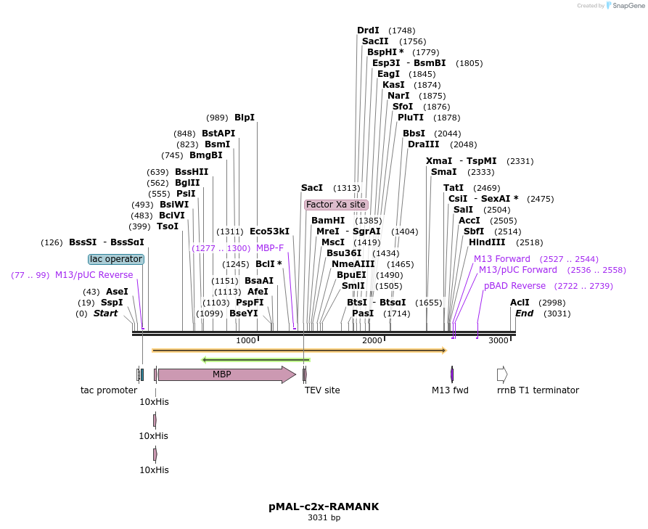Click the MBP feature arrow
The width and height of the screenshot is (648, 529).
pyautogui.click(x=227, y=374)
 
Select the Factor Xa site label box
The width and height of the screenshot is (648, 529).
pyautogui.click(x=336, y=205)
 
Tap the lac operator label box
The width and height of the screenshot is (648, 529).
pyautogui.click(x=116, y=259)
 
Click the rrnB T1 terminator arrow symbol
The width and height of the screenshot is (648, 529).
pyautogui.click(x=502, y=374)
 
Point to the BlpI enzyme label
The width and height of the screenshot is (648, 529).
pyautogui.click(x=245, y=118)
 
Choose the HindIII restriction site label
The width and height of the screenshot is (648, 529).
pyautogui.click(x=487, y=242)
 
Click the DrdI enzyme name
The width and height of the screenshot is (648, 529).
pyautogui.click(x=368, y=30)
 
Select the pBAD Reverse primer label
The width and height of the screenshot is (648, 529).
pyautogui.click(x=514, y=286)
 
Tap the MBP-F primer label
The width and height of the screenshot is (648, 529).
pyautogui.click(x=270, y=247)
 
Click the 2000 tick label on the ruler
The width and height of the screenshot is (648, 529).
pyautogui.click(x=372, y=340)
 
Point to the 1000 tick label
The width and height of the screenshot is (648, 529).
pyautogui.click(x=246, y=340)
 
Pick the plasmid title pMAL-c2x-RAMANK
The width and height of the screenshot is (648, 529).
pyautogui.click(x=324, y=507)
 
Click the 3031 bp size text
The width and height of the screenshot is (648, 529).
pyautogui.click(x=324, y=517)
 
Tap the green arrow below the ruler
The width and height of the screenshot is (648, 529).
pyautogui.click(x=256, y=359)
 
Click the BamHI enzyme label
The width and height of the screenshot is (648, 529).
pyautogui.click(x=328, y=221)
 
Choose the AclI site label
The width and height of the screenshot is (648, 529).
pyautogui.click(x=520, y=302)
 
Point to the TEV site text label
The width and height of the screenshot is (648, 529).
pyautogui.click(x=322, y=390)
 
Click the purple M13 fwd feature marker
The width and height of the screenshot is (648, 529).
pyautogui.click(x=452, y=374)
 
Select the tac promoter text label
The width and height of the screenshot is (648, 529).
pyautogui.click(x=109, y=390)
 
